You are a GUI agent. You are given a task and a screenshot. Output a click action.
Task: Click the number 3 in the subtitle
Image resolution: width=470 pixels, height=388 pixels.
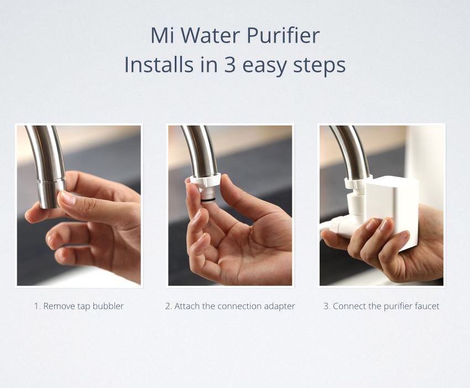coord(229,65)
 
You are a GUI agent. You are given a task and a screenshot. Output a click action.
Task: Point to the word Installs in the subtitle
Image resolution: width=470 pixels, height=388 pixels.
coord(158,64)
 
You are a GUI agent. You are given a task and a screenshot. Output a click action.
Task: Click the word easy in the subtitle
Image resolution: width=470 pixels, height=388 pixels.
coord(264,66)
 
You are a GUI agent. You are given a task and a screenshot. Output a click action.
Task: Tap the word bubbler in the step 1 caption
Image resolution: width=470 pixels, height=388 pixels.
coord(108,306)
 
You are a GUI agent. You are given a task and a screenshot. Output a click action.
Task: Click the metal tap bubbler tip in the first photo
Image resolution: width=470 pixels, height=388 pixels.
coord(51,193)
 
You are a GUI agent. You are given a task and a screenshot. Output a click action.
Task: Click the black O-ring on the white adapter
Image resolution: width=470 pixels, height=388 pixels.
coord(208,199)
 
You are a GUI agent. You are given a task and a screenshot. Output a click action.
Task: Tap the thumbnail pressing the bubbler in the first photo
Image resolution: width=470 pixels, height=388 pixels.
coord(67,198)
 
